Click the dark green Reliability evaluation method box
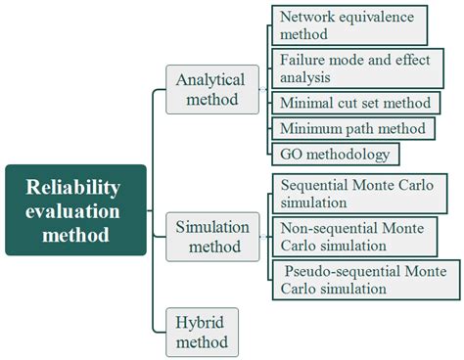click(75, 209)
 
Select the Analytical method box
click(212, 89)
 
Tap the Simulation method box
click(212, 236)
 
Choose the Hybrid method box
click(203, 332)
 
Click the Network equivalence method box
click(347, 26)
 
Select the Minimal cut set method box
click(354, 103)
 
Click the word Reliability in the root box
click(75, 186)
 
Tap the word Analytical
click(212, 79)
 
